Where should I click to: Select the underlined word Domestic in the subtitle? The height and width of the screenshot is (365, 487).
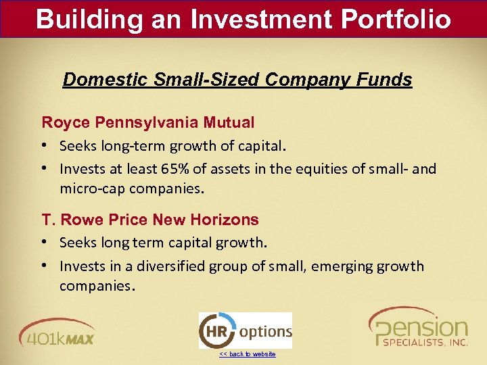point(105,80)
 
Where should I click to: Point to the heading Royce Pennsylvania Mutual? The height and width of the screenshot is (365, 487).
point(148,122)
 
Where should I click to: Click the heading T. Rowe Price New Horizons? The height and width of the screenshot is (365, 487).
point(150,220)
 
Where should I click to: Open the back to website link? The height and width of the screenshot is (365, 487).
point(247,354)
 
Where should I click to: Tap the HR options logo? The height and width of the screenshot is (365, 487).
point(245,331)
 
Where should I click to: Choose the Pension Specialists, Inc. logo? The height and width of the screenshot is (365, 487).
point(417,328)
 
